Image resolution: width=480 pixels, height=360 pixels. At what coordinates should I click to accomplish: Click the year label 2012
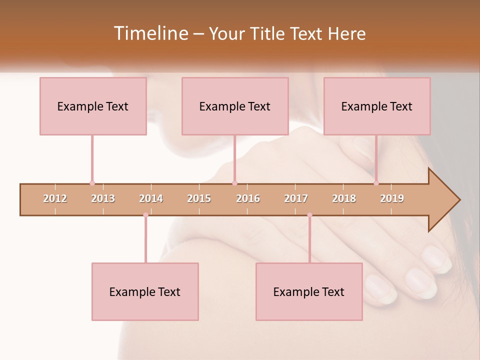click(55, 199)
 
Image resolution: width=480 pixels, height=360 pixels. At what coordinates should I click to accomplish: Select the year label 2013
click(103, 199)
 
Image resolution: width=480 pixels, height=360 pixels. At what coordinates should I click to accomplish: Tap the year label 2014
click(151, 199)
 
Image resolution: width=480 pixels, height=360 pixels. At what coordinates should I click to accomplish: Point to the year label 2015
click(199, 199)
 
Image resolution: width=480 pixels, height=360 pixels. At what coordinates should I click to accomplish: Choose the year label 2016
click(248, 199)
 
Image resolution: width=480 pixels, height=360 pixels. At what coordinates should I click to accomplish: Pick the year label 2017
click(296, 199)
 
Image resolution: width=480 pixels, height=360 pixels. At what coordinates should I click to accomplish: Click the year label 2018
click(344, 199)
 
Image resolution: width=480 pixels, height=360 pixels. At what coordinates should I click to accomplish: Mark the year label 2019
click(392, 199)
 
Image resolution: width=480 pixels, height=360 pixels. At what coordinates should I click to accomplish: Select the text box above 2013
click(93, 106)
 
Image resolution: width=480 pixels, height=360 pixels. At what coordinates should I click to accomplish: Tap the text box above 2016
click(235, 106)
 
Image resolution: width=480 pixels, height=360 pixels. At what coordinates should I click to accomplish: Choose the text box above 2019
click(377, 106)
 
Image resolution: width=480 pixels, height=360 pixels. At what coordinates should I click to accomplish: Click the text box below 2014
click(145, 291)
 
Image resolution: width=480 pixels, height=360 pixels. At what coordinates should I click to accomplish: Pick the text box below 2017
click(309, 291)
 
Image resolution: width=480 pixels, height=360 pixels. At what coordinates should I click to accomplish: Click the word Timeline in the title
click(150, 33)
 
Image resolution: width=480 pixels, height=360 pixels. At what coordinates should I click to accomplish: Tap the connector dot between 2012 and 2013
click(92, 183)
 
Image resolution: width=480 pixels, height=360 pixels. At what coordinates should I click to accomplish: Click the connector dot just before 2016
click(234, 183)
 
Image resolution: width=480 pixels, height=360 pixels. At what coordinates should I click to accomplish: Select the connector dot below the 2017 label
click(309, 215)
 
